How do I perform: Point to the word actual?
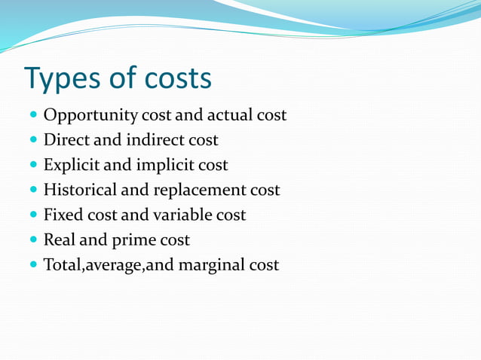point(231,115)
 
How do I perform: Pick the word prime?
point(127,240)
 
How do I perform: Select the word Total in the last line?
point(63,264)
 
